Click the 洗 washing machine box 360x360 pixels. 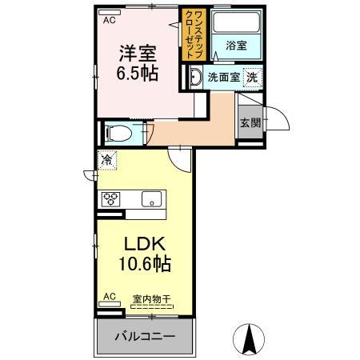point(252,78)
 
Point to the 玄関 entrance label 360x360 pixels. point(250,122)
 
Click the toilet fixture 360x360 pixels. point(117,132)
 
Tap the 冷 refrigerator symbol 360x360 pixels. point(107,160)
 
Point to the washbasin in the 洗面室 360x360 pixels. point(196,78)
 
